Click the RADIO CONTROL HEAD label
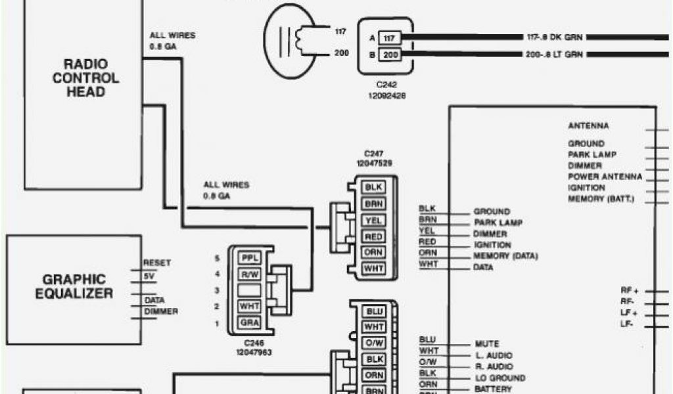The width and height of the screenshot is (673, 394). click(x=85, y=77)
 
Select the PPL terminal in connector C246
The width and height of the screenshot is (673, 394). click(x=250, y=257)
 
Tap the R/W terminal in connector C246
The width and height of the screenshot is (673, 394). click(x=250, y=274)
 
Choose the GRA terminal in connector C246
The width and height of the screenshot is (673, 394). click(x=250, y=323)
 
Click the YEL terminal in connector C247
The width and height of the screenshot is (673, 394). click(x=374, y=220)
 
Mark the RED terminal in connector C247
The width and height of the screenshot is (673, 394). click(x=374, y=236)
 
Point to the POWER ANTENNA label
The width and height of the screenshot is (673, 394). click(x=605, y=177)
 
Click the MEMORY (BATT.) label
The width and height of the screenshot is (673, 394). click(x=601, y=198)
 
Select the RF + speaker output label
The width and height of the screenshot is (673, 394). click(x=629, y=290)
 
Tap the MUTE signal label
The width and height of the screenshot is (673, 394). click(x=486, y=343)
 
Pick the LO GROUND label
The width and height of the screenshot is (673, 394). click(x=499, y=378)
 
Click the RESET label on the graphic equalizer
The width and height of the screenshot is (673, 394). click(x=157, y=263)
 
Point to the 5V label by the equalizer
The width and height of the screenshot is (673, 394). click(x=151, y=276)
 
